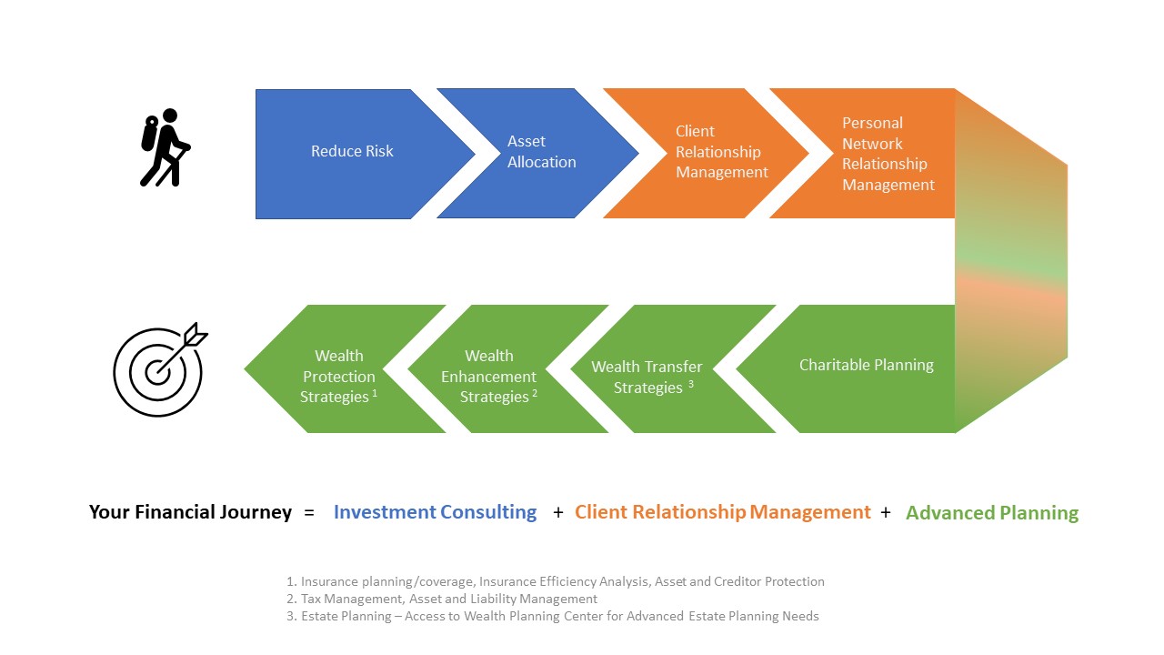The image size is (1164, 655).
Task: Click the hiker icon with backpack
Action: coord(166,147)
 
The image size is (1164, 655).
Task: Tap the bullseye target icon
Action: coord(159,370)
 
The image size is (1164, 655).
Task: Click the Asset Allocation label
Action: coord(541,151)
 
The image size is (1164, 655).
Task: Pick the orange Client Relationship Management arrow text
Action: coord(721,151)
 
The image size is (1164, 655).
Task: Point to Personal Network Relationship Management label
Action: coord(888,154)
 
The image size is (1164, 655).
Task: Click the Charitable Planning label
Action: coord(867,365)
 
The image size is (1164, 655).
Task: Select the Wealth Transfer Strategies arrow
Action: coord(673,368)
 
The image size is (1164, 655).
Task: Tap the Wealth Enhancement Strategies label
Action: coord(488,376)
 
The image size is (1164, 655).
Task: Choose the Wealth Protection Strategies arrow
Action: coord(345,368)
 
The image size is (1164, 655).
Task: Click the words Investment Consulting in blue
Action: coord(435,512)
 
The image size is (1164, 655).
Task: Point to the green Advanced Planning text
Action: coord(992,512)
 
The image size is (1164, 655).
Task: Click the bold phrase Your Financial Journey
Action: coord(190,512)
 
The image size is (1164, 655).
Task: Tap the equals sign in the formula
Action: coord(309,513)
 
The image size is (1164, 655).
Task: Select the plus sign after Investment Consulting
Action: coord(558,512)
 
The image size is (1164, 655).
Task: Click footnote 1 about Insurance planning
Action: coord(555,581)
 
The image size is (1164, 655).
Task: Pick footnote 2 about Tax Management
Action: coord(442,599)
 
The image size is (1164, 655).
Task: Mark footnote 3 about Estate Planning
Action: coord(552,616)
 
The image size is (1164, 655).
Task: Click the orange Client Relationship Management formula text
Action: coord(722,512)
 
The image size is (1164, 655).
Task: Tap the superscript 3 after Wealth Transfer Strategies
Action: coord(690,384)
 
